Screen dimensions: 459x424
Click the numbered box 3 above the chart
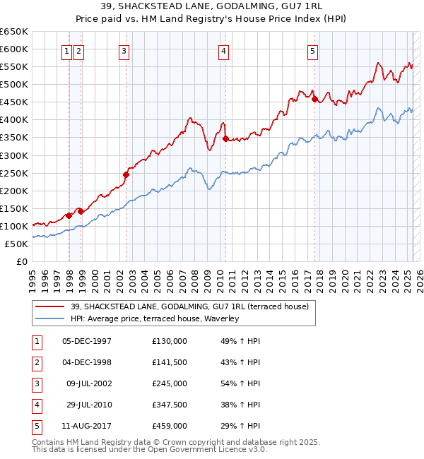click(x=124, y=50)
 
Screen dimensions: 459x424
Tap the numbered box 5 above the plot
click(x=312, y=50)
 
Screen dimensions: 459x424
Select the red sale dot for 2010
click(x=225, y=139)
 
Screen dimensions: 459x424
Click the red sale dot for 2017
click(x=314, y=100)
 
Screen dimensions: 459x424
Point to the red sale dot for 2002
click(x=126, y=174)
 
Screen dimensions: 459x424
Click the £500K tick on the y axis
click(x=14, y=84)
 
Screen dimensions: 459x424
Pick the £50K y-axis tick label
click(x=16, y=244)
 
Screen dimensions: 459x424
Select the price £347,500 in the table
click(x=170, y=405)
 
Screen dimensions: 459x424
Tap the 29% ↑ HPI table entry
click(x=240, y=426)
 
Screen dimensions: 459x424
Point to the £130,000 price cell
click(x=170, y=341)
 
